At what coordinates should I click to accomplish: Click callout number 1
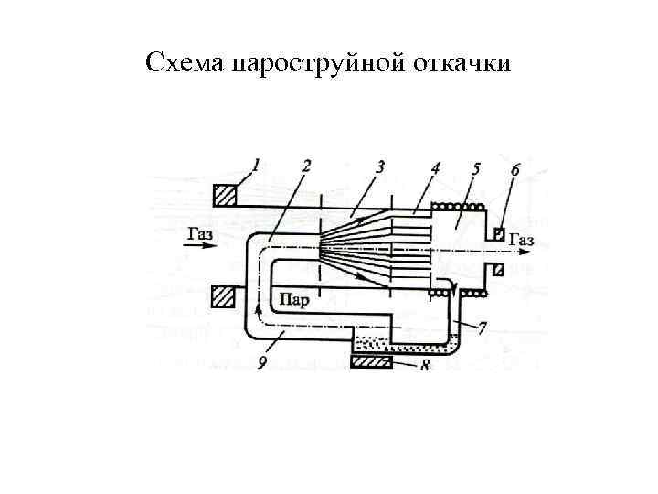(x=257, y=166)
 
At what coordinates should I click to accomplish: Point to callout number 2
(x=305, y=166)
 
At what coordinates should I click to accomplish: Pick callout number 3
(x=379, y=166)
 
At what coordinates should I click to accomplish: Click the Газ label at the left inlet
(x=200, y=233)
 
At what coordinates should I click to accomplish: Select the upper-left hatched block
(x=225, y=195)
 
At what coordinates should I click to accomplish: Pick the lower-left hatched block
(x=224, y=296)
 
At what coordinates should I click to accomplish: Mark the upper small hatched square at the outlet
(x=498, y=232)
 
